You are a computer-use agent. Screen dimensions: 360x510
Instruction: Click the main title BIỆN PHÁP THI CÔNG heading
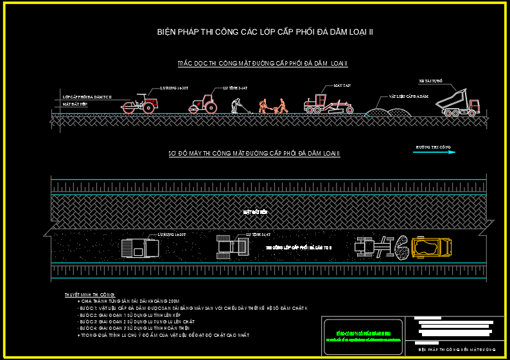pyautogui.click(x=265, y=32)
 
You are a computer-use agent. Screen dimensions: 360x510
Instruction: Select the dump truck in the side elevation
pyautogui.click(x=457, y=105)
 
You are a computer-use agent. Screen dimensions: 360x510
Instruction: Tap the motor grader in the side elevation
pyautogui.click(x=328, y=104)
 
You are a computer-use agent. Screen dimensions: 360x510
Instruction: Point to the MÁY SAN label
pyautogui.click(x=341, y=85)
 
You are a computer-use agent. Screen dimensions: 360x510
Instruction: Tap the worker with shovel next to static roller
pyautogui.click(x=236, y=106)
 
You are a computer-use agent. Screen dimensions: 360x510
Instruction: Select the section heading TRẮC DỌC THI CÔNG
pyautogui.click(x=262, y=64)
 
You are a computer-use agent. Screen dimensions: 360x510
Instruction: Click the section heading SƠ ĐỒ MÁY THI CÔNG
pyautogui.click(x=254, y=154)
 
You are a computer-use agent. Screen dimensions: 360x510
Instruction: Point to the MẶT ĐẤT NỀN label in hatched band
pyautogui.click(x=254, y=210)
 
